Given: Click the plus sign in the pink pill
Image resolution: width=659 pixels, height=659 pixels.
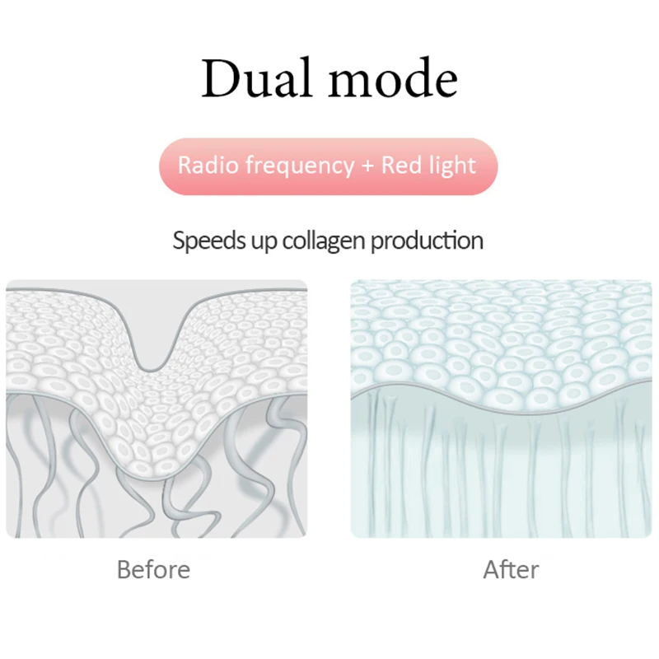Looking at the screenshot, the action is (367, 166).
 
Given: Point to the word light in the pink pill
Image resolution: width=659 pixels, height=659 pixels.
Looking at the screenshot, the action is (453, 166).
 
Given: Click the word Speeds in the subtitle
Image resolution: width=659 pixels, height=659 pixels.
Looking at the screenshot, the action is (203, 241).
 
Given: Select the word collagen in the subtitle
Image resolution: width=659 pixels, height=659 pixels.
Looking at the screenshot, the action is (325, 241).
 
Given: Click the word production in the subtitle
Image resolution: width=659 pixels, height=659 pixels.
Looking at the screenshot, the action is (427, 241).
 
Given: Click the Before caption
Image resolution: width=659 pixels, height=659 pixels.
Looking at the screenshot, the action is (153, 569).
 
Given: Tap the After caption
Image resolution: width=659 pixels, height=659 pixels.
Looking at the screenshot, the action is (511, 569).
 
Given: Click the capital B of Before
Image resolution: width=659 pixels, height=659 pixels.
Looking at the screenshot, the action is (124, 569).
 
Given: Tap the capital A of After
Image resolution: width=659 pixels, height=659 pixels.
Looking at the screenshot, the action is (490, 569).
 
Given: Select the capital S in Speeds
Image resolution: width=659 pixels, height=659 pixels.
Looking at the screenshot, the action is (179, 241).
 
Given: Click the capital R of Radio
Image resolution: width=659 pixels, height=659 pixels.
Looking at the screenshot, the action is (185, 165).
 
